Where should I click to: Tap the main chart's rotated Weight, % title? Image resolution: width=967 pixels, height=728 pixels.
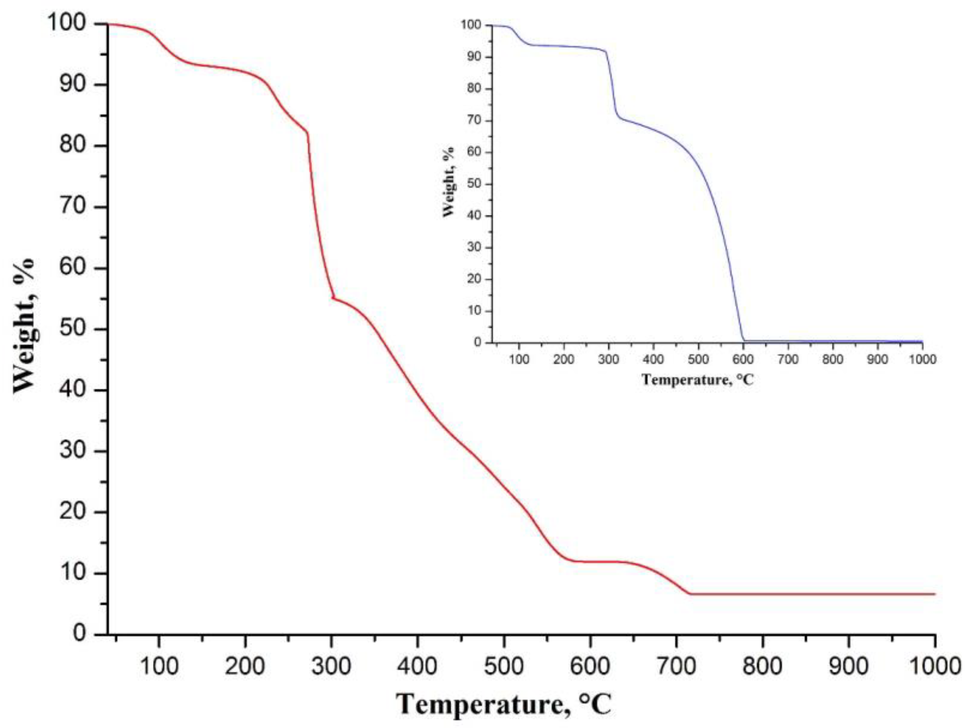coord(24,326)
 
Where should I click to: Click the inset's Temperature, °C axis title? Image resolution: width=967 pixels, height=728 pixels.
coord(698,379)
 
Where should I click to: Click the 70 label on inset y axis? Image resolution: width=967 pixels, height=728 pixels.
coord(475,121)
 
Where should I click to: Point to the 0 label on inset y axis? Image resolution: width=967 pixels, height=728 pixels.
coord(478,342)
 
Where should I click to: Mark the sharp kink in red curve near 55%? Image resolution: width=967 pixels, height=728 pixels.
coord(333,298)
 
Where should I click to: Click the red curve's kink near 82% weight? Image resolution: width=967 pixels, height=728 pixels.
coord(307,132)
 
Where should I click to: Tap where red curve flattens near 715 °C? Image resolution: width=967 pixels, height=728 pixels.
coord(690,594)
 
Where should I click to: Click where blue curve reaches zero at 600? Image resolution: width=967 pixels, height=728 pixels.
coord(744,340)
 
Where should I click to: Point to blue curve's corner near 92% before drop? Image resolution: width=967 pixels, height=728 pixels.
coord(606,51)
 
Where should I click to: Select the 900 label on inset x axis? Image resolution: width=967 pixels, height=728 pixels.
coord(878,360)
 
